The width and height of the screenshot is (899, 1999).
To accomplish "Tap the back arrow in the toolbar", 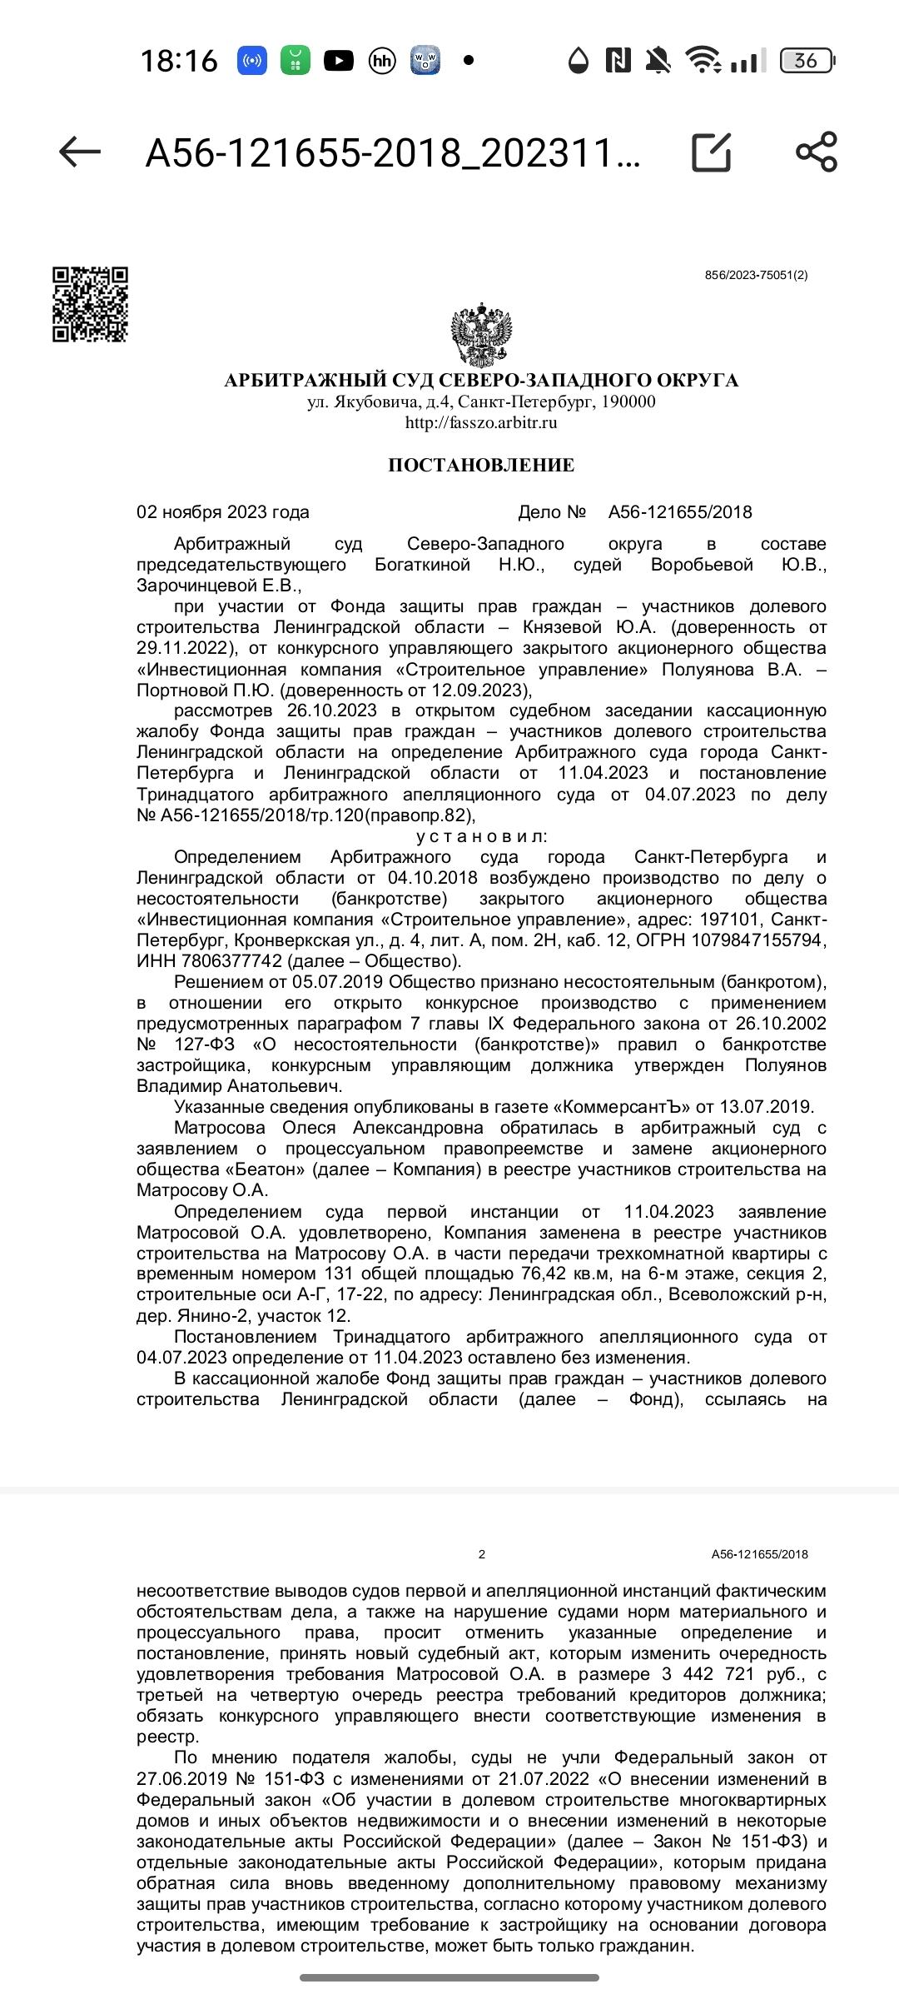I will (x=80, y=152).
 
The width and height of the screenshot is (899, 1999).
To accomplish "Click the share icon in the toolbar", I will (x=816, y=152).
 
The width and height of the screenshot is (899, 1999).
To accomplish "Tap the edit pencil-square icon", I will (x=712, y=152).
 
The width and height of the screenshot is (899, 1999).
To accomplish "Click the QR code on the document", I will (x=90, y=304).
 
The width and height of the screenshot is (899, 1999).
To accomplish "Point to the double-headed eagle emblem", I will (x=481, y=336).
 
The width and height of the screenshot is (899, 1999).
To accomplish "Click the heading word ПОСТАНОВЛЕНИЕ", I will (x=481, y=465).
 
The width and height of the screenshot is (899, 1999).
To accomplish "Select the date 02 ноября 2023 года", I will (x=223, y=512).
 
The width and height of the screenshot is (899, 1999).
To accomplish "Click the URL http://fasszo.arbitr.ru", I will (x=481, y=422).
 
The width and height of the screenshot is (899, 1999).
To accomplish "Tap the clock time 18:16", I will (x=179, y=61).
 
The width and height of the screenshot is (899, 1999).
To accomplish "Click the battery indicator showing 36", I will (x=806, y=61).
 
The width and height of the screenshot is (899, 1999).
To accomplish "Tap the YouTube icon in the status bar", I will (x=338, y=61).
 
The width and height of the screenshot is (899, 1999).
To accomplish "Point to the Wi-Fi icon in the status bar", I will (x=702, y=61).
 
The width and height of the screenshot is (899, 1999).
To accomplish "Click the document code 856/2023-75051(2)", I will (x=756, y=276).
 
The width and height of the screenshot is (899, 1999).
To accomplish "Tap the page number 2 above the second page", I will (x=482, y=1554).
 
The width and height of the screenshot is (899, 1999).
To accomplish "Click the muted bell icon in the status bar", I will (x=658, y=61).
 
